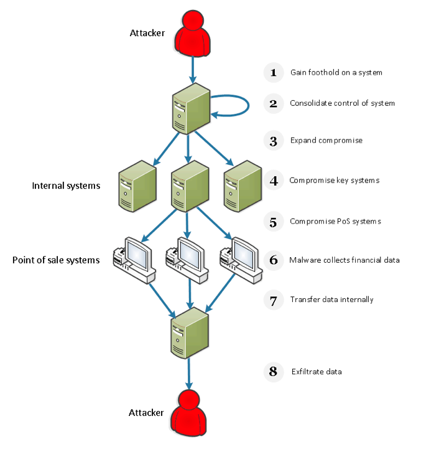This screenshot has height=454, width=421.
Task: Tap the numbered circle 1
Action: [x=274, y=72]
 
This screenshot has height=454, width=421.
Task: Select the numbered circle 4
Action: [x=274, y=181]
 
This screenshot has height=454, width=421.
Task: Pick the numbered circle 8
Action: [x=274, y=372]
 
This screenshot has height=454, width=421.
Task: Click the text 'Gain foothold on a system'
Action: [x=336, y=72]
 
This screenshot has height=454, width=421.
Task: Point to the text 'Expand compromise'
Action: [x=326, y=140]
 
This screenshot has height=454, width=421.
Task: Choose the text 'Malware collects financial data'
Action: [x=345, y=260]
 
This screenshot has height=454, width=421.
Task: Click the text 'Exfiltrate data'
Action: [x=317, y=372]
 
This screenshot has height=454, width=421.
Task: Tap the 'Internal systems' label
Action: [x=66, y=186]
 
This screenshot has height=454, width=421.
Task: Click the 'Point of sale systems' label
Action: [x=56, y=260]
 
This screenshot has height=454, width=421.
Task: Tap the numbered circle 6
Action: [x=274, y=260]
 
